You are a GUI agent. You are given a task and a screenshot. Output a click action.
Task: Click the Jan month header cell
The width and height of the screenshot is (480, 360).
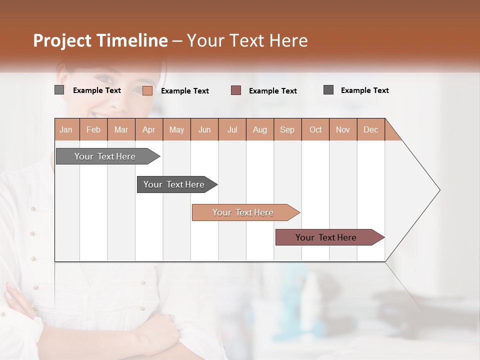(x=66, y=129)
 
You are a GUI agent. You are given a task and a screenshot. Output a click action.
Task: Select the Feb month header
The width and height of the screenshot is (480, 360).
(x=93, y=129)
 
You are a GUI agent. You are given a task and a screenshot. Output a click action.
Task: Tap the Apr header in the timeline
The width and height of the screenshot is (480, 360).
(x=149, y=129)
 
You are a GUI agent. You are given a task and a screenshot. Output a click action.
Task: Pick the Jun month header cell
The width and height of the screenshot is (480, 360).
(x=204, y=129)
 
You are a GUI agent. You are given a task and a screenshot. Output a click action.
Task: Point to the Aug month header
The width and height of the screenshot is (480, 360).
(x=260, y=129)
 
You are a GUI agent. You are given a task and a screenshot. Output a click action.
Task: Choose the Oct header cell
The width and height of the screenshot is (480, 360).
(x=315, y=129)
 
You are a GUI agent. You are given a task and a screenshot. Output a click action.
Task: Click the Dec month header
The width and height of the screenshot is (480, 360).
(x=371, y=129)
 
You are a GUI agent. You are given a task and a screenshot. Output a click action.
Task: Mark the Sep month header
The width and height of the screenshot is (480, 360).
(x=287, y=129)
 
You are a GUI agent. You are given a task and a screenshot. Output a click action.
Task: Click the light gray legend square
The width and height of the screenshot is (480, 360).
(x=59, y=90)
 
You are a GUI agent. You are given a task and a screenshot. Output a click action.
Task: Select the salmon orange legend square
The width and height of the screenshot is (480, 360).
(x=147, y=90)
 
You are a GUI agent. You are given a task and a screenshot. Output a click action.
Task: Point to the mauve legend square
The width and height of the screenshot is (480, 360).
(x=236, y=90)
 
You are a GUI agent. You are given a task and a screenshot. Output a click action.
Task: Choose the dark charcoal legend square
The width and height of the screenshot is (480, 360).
(x=328, y=90)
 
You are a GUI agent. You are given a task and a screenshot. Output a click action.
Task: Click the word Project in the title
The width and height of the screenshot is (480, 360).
(x=62, y=40)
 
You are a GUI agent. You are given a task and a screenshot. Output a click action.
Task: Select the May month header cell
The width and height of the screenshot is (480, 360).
(x=176, y=129)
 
